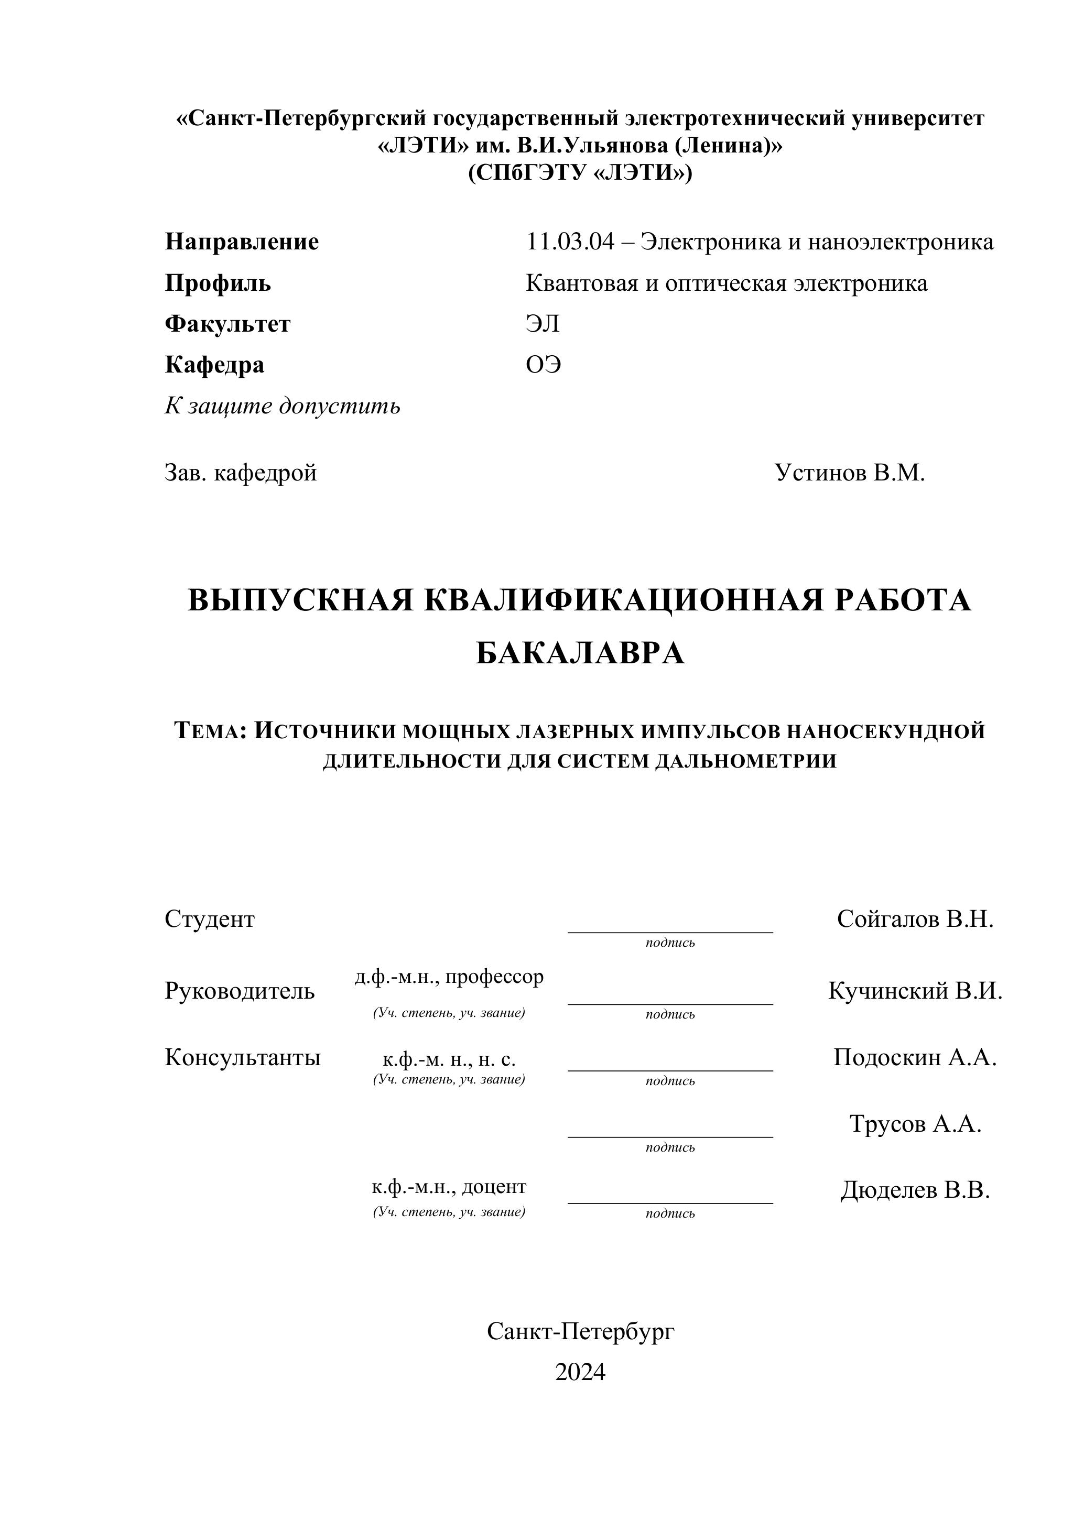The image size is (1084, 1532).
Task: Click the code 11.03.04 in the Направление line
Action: (x=569, y=242)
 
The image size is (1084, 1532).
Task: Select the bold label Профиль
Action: (x=218, y=283)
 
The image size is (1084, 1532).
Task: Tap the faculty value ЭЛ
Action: (x=542, y=324)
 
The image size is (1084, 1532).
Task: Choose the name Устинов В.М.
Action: (x=849, y=473)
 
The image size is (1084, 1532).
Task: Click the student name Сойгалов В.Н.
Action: (x=915, y=920)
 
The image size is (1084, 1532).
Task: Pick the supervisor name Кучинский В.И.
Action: (x=915, y=991)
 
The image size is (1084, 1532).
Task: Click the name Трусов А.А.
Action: (x=915, y=1124)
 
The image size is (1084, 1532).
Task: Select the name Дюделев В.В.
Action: (x=915, y=1190)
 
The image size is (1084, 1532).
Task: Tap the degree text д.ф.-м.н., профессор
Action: (x=449, y=977)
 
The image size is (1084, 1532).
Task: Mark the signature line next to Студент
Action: (x=669, y=931)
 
